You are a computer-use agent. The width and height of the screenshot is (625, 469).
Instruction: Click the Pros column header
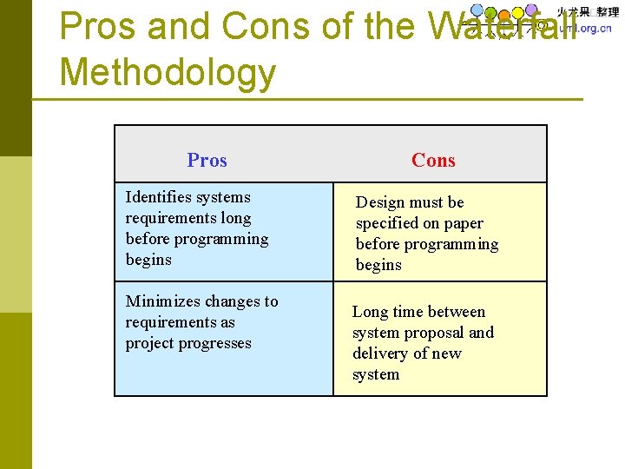point(207,160)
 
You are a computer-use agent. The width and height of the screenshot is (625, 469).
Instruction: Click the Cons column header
point(433,160)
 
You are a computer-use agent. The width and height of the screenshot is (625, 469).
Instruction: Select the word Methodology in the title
point(167,73)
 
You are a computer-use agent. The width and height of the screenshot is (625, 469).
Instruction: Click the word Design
point(380,202)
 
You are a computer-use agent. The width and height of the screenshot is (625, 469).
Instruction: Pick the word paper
point(463,223)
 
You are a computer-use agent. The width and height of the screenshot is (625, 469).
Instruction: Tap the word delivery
point(382,353)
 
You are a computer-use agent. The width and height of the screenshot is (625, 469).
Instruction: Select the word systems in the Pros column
point(223,197)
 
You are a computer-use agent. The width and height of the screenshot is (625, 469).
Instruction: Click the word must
point(424,202)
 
